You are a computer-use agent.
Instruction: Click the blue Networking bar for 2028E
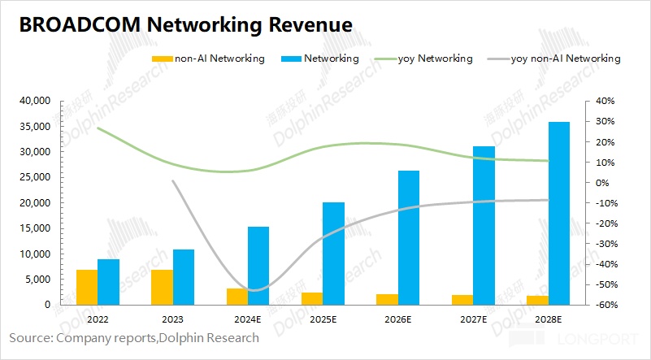(558, 213)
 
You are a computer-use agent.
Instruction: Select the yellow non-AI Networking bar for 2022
(87, 287)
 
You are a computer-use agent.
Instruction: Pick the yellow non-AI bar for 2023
(162, 287)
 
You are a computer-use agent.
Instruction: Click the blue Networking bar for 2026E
(409, 237)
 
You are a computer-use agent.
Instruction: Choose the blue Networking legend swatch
(289, 59)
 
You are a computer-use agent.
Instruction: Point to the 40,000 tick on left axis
(36, 101)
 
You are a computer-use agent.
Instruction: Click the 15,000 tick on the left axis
(36, 228)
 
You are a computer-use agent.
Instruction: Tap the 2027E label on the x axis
(473, 318)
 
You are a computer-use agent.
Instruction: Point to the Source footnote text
(134, 337)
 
